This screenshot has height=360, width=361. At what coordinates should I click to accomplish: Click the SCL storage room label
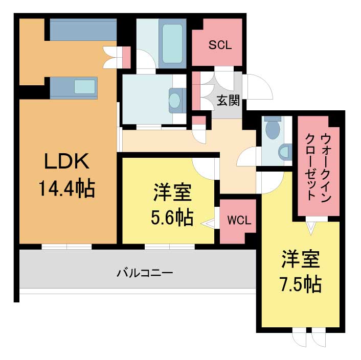tap(220, 45)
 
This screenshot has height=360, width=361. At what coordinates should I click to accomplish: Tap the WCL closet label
tap(239, 221)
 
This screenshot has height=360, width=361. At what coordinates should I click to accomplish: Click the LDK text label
tap(66, 161)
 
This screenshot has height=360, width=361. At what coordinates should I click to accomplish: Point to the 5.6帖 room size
tap(172, 217)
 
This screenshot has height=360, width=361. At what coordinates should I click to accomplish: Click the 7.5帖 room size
tap(301, 284)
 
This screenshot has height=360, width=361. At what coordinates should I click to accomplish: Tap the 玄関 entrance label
tap(228, 101)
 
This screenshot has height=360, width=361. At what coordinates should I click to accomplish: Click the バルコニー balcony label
tap(145, 273)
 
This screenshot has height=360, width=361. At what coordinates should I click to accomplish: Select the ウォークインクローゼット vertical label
tap(319, 167)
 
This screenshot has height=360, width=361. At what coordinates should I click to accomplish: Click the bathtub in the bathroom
tap(172, 44)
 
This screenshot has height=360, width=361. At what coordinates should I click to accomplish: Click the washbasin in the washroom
tap(174, 101)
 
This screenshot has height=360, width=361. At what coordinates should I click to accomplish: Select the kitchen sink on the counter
tap(85, 87)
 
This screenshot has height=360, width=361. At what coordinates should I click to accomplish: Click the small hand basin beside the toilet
tap(285, 152)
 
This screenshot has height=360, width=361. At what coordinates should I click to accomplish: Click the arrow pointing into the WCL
tap(208, 224)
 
